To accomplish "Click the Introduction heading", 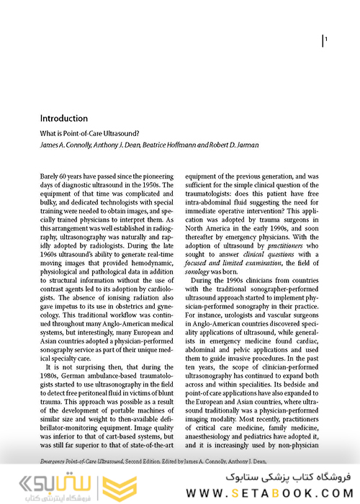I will pyautogui.click(x=64, y=119).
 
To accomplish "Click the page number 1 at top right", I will pyautogui.click(x=327, y=40).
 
